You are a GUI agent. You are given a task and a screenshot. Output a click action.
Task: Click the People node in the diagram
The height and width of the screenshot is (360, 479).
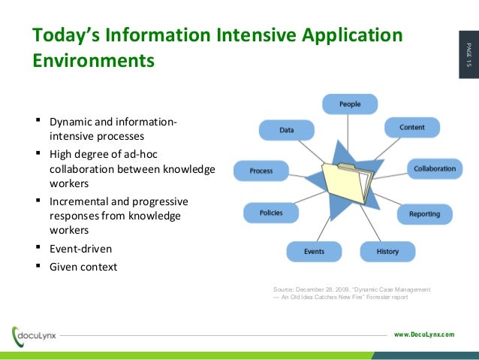pos(350,104)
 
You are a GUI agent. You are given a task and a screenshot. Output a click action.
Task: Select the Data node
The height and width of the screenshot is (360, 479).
pos(286,130)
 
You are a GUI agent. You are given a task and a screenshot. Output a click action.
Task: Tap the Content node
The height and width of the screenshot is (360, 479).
pos(411,128)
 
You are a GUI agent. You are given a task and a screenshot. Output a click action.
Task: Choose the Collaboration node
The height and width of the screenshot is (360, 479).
pos(435,168)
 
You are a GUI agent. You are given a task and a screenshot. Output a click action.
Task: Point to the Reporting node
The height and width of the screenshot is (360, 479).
pos(424,214)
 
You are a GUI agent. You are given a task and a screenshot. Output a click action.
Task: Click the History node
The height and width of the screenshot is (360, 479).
pos(387,251)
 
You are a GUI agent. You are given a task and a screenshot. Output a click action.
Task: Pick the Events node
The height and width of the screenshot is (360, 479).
pos(314,251)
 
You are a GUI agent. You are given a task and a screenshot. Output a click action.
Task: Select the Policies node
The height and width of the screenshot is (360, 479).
pos(271,213)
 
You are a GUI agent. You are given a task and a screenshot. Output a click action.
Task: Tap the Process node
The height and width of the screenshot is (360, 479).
pos(261,171)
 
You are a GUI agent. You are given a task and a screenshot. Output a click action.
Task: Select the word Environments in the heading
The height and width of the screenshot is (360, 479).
pos(93,59)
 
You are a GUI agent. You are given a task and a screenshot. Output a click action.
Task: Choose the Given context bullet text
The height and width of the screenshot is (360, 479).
pos(83,266)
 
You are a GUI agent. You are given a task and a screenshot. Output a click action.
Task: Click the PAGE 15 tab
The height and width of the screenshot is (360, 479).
pos(467,56)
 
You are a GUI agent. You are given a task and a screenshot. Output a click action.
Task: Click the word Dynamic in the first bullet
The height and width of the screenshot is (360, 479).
pos(71,122)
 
